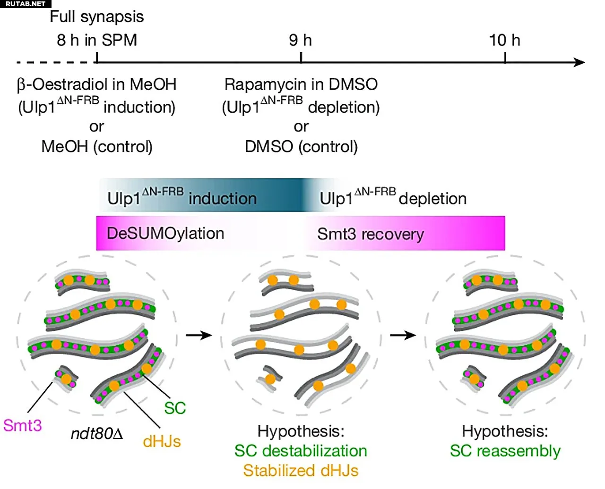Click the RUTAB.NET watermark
(25, 4)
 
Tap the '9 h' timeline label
(300, 40)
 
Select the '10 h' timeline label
(504, 40)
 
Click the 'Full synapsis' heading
(96, 17)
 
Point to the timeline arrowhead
(579, 62)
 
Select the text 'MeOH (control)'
(97, 147)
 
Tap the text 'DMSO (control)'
(302, 147)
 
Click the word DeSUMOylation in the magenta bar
(165, 234)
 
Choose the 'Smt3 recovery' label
(371, 234)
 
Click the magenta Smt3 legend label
(22, 425)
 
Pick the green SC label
(175, 408)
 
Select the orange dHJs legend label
(162, 442)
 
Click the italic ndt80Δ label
(97, 434)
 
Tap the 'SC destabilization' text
(301, 451)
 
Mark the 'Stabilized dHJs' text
(301, 471)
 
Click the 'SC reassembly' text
(505, 451)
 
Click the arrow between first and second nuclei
(199, 335)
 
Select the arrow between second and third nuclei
(403, 335)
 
